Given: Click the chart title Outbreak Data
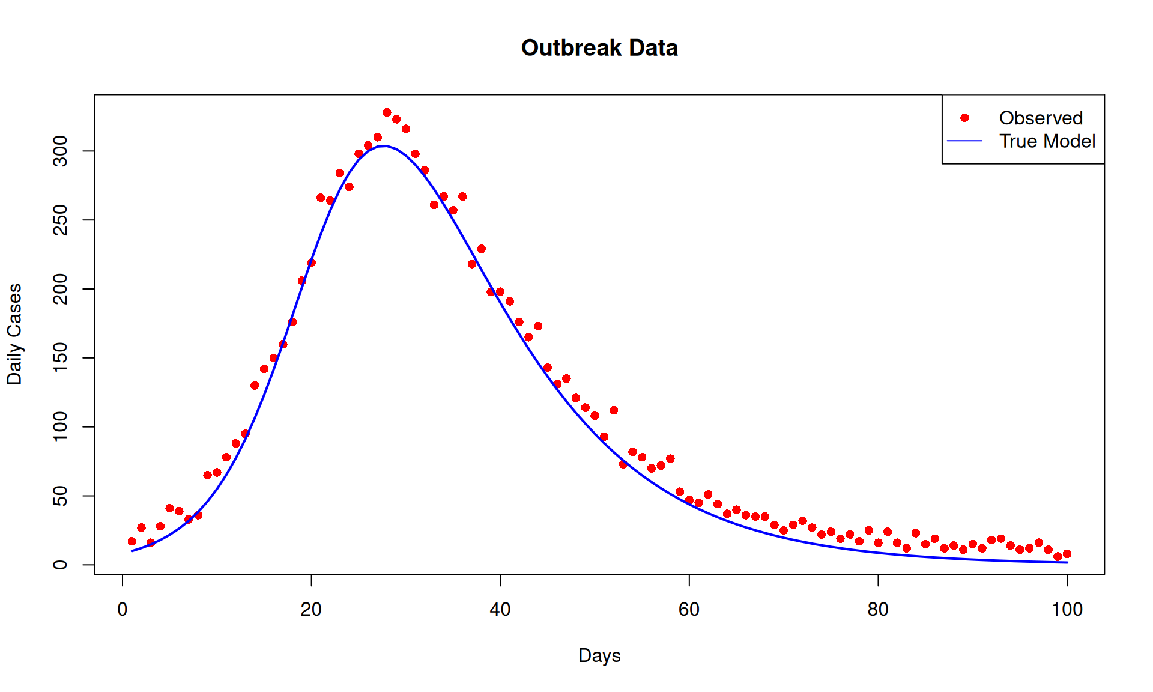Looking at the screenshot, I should [x=599, y=48].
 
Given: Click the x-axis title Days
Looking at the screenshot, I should [x=599, y=655].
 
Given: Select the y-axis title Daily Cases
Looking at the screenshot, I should [x=14, y=334].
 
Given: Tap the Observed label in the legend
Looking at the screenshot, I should [x=1041, y=118].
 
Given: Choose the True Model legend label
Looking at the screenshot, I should [x=1047, y=141].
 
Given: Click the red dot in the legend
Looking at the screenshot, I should [x=964, y=118].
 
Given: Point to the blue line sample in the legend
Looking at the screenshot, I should [x=964, y=141].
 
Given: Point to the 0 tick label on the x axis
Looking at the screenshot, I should [x=123, y=610].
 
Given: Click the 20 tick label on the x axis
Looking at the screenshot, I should [x=311, y=610].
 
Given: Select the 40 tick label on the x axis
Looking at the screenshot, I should [x=500, y=610].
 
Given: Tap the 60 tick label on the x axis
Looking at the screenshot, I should [x=689, y=610].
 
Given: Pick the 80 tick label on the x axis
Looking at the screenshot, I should [x=878, y=610].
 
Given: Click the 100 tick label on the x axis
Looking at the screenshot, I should [x=1067, y=610].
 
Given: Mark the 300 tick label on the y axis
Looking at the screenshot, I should [x=61, y=151].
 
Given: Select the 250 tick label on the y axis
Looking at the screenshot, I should [x=61, y=220].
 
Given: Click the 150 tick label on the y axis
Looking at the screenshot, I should [x=61, y=358].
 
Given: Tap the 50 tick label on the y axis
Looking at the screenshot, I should [x=61, y=496].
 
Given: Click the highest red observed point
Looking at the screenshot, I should [x=387, y=112].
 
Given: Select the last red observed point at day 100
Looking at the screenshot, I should [x=1067, y=554].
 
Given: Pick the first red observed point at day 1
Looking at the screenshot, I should [x=132, y=541].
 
